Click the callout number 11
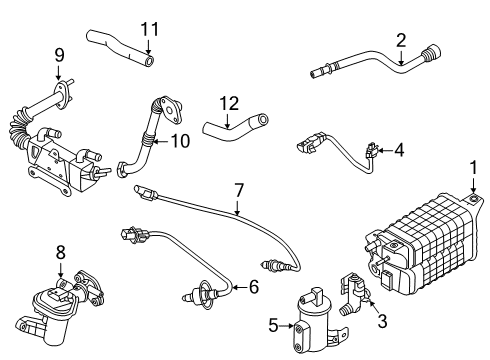pyautogui.click(x=150, y=29)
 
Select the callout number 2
pyautogui.click(x=401, y=40)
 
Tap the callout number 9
pyautogui.click(x=59, y=55)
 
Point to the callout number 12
pyautogui.click(x=229, y=104)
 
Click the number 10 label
pyautogui.click(x=180, y=141)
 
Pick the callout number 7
pyautogui.click(x=239, y=191)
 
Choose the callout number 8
pyautogui.click(x=61, y=253)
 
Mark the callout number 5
pyautogui.click(x=273, y=325)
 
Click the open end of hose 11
pyautogui.click(x=150, y=60)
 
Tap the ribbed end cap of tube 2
pyautogui.click(x=432, y=54)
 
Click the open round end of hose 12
pyautogui.click(x=262, y=119)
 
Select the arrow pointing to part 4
pyautogui.click(x=385, y=151)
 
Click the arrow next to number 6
pyautogui.click(x=240, y=287)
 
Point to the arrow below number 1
pyautogui.click(x=473, y=185)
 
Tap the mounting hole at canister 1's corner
pyautogui.click(x=473, y=199)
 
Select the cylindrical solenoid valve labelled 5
pyautogui.click(x=315, y=322)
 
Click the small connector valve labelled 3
pyautogui.click(x=353, y=293)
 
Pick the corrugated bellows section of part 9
pyautogui.click(x=19, y=128)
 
